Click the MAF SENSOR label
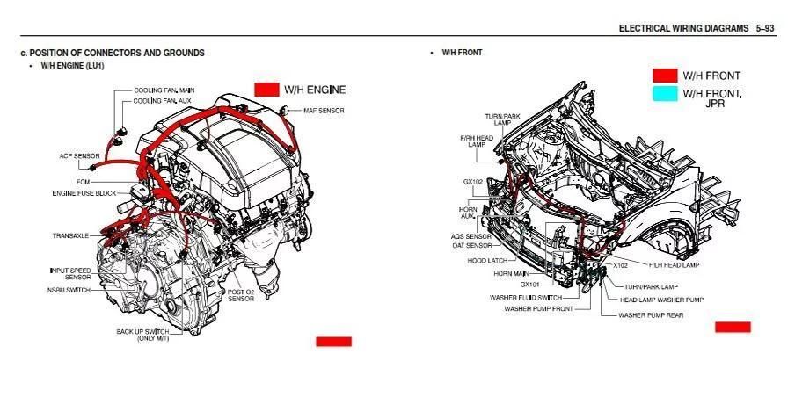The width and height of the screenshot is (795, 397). pyautogui.click(x=324, y=111)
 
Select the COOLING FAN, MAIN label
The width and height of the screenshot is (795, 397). pyautogui.click(x=164, y=90)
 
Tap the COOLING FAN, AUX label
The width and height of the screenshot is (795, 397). pyautogui.click(x=162, y=101)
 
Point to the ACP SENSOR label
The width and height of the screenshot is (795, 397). pyautogui.click(x=80, y=156)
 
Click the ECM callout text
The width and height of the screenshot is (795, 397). pyautogui.click(x=84, y=181)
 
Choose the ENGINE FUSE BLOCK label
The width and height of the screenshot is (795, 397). pyautogui.click(x=84, y=193)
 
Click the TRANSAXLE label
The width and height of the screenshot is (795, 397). pyautogui.click(x=70, y=236)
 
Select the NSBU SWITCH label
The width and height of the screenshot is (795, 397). pyautogui.click(x=69, y=290)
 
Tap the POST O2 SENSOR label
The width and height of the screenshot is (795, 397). pyautogui.click(x=241, y=295)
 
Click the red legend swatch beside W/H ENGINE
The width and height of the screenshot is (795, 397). pyautogui.click(x=266, y=90)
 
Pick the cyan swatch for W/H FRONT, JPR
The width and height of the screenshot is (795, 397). pyautogui.click(x=665, y=94)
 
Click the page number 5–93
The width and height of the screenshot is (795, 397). pyautogui.click(x=766, y=28)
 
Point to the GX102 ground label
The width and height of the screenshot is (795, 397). pyautogui.click(x=473, y=181)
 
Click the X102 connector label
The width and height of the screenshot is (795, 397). pyautogui.click(x=621, y=265)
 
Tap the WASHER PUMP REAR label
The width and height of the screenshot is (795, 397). pyautogui.click(x=651, y=315)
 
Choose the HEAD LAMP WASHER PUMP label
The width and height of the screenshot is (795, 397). pyautogui.click(x=661, y=300)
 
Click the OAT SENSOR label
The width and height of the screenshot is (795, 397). pyautogui.click(x=472, y=246)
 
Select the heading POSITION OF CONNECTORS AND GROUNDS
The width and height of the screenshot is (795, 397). pyautogui.click(x=117, y=53)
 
